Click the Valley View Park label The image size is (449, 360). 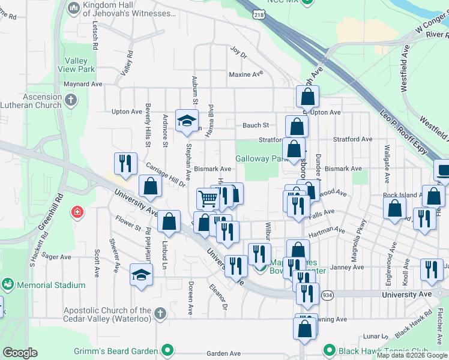[76, 65]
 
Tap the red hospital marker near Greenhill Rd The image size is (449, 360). [76, 212]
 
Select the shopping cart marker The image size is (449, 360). [208, 197]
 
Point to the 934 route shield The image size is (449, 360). [327, 295]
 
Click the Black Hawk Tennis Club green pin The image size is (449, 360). [328, 350]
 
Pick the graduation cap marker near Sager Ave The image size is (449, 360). [141, 275]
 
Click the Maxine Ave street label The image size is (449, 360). [246, 74]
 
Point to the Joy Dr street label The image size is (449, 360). [239, 53]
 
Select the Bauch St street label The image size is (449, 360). [255, 125]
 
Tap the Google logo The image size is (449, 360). [20, 353]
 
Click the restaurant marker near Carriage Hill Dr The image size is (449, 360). [125, 163]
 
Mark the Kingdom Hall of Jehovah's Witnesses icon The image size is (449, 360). [74, 7]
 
